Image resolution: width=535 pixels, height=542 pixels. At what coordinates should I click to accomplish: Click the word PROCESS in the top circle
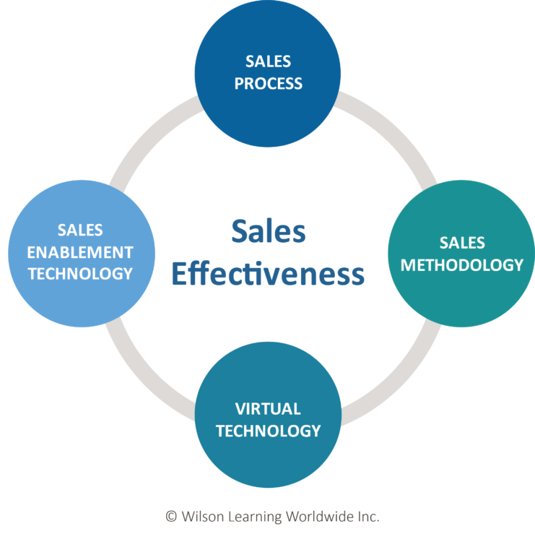(x=268, y=83)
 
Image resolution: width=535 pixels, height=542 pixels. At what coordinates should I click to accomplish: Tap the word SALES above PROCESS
(x=268, y=61)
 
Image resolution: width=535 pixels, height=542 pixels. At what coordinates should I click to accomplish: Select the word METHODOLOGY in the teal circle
(x=462, y=265)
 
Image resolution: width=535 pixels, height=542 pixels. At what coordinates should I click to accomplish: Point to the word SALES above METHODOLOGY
(x=462, y=243)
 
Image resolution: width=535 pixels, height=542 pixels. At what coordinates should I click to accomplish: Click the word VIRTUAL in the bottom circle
(x=268, y=409)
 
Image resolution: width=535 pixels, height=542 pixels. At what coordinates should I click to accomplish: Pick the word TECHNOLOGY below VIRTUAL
(x=268, y=431)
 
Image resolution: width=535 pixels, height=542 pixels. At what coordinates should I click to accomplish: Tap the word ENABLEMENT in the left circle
(x=81, y=252)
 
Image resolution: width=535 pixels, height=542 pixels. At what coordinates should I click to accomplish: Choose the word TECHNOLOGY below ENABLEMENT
(x=81, y=273)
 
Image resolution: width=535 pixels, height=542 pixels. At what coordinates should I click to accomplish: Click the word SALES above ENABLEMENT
(x=81, y=231)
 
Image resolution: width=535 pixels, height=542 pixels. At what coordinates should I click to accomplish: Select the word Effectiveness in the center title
(x=268, y=275)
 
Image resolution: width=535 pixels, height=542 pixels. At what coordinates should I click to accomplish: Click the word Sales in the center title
(x=268, y=233)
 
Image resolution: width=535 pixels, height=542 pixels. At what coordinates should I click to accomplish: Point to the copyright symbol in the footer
(x=171, y=517)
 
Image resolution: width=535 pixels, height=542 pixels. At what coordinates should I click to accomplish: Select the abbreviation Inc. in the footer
(x=368, y=517)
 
